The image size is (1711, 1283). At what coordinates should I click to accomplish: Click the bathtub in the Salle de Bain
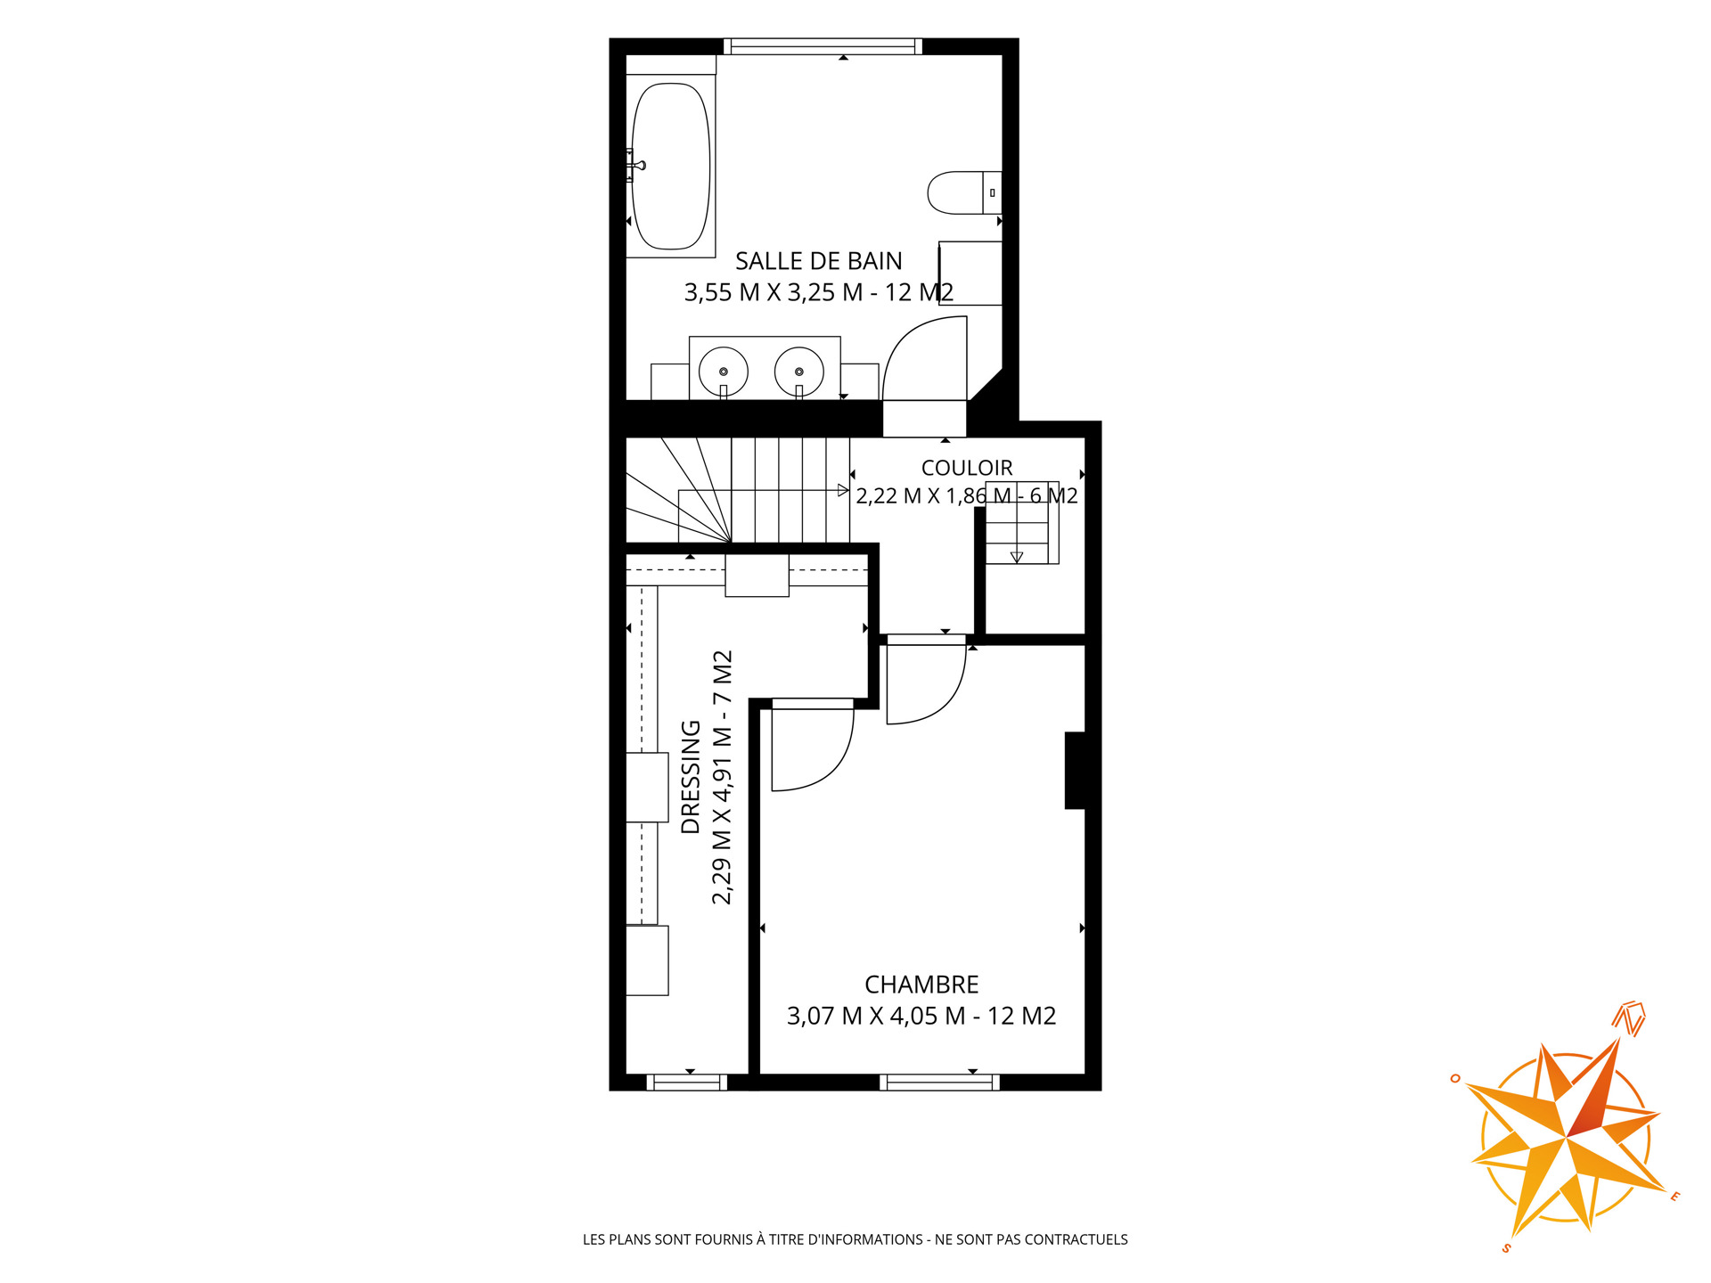[671, 167]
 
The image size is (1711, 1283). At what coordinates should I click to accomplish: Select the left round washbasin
[723, 371]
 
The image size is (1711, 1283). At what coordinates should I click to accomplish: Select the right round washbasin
[798, 371]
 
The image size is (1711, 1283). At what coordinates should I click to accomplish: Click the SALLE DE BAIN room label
[818, 261]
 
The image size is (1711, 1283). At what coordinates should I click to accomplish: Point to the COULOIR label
[967, 468]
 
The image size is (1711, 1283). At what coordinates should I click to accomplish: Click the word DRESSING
[691, 777]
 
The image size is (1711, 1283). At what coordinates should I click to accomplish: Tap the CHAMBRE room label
[921, 985]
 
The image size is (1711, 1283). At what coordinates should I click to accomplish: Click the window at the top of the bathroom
[822, 46]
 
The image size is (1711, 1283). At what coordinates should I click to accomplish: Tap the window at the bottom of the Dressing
[686, 1083]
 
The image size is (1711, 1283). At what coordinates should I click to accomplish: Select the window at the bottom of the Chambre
[939, 1083]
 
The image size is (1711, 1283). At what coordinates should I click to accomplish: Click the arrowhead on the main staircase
[843, 490]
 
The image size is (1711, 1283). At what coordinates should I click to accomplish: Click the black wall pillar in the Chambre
[1075, 771]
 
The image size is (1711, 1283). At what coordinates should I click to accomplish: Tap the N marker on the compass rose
[1630, 1018]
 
